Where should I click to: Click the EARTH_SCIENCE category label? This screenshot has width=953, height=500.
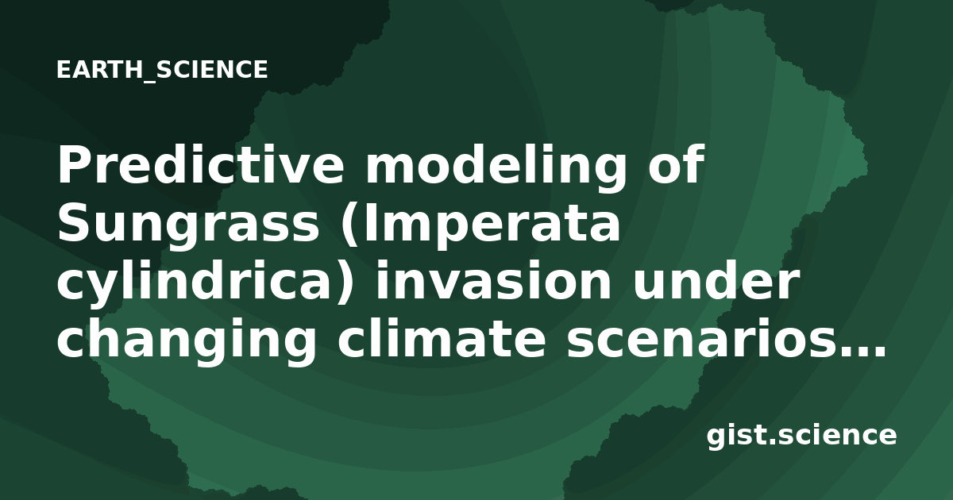point(162,70)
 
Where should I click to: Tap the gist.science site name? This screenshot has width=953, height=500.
point(801,437)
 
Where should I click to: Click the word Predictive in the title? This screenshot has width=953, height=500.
point(200,164)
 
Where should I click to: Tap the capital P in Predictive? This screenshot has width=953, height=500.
point(73,164)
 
